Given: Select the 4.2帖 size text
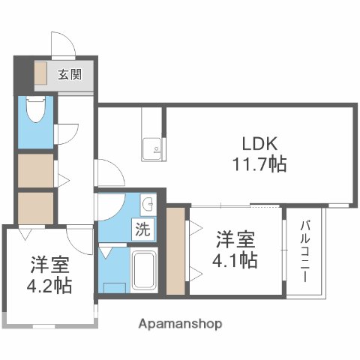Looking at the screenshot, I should pyautogui.click(x=51, y=286).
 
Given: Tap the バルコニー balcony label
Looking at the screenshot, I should pyautogui.click(x=307, y=250).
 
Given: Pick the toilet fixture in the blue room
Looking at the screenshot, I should pyautogui.click(x=35, y=112).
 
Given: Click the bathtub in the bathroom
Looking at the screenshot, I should pyautogui.click(x=142, y=272).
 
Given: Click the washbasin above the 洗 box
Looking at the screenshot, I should pyautogui.click(x=148, y=204).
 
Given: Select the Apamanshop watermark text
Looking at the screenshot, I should pyautogui.click(x=180, y=324).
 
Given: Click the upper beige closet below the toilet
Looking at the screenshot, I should pyautogui.click(x=35, y=170).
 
